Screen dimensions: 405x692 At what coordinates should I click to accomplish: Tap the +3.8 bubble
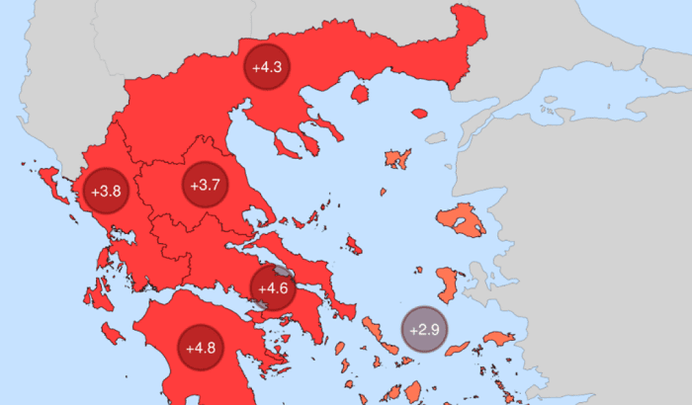pos(106,191)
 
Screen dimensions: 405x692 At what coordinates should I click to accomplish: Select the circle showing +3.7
pos(203,184)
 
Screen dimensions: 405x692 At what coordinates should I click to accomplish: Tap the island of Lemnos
pos(397,158)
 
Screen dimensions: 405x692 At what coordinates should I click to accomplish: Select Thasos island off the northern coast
pos(360,96)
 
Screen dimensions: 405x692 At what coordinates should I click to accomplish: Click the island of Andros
pos(373,326)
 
